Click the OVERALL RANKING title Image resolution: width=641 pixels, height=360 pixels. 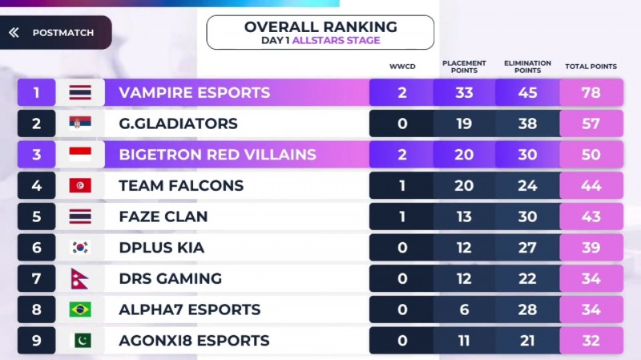point(320,27)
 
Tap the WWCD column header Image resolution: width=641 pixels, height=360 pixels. point(401,67)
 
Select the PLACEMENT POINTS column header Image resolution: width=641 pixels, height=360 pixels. point(464,66)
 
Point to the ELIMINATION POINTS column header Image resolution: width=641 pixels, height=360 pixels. point(527,66)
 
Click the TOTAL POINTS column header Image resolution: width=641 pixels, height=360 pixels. point(591,67)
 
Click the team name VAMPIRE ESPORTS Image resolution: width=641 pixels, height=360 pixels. point(194,92)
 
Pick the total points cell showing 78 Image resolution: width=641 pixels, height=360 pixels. point(591,92)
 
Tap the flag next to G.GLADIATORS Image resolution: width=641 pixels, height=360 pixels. point(80,123)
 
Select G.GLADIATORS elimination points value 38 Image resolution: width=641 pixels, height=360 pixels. point(527,123)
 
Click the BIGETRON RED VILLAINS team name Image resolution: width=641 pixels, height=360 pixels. point(217,155)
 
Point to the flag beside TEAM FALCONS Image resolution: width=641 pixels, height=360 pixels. point(80,186)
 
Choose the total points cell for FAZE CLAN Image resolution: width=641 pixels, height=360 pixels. point(591,216)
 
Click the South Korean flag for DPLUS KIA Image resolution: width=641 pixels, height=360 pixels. point(80,248)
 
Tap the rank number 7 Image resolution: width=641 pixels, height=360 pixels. point(36,279)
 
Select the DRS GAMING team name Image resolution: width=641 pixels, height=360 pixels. point(170,279)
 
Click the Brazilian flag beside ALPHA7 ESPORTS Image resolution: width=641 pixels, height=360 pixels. point(80,309)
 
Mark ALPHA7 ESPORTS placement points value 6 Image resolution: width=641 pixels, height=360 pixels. point(464,309)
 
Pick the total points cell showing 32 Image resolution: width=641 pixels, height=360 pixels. point(591,341)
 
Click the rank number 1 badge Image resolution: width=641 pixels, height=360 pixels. point(36,92)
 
